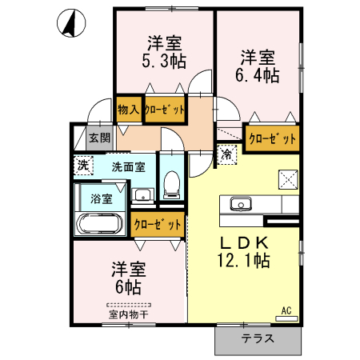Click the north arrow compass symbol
[x=71, y=23]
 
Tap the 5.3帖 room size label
[x=164, y=62]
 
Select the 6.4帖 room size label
[x=258, y=75]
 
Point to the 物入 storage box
[x=129, y=110]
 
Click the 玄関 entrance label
[x=99, y=138]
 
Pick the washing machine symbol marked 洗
[x=83, y=166]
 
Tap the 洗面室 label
[x=129, y=167]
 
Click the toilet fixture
[x=171, y=185]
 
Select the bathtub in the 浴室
[x=100, y=224]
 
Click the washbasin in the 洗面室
[x=143, y=194]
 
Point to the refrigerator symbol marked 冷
[x=227, y=154]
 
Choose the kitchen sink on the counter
[x=241, y=204]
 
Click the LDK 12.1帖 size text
[x=244, y=252]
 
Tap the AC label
[x=286, y=310]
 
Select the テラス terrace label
[x=258, y=338]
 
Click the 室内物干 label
[x=129, y=314]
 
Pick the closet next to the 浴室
[x=158, y=225]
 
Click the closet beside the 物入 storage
[x=165, y=110]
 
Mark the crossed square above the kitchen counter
[x=288, y=179]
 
